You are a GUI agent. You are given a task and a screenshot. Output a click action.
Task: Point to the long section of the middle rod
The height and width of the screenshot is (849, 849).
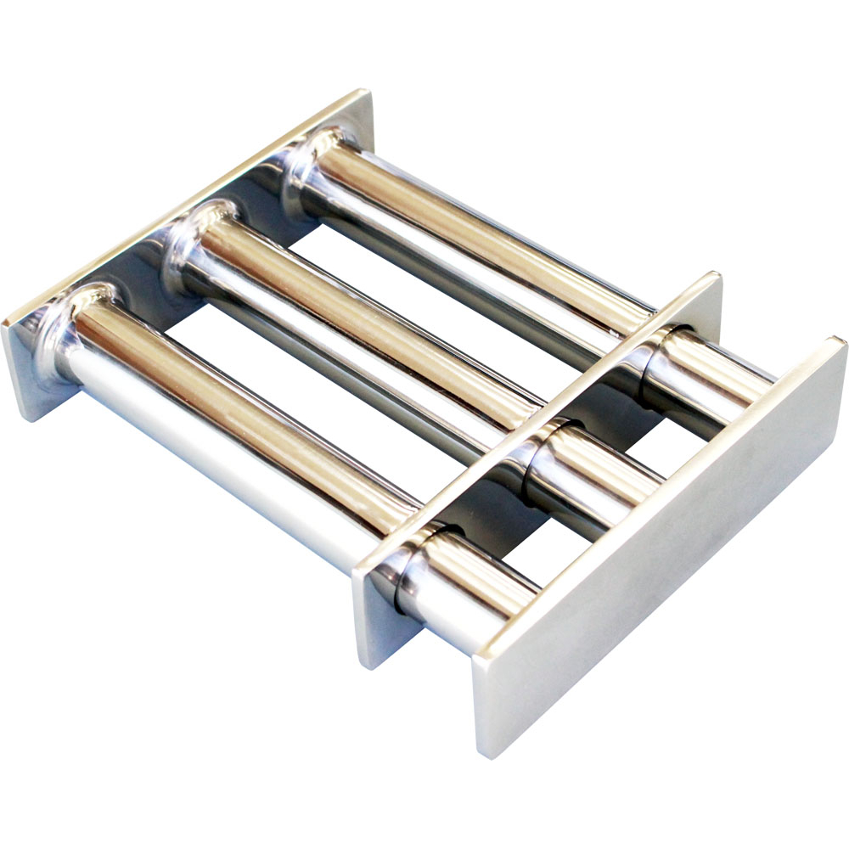pyautogui.click(x=357, y=340)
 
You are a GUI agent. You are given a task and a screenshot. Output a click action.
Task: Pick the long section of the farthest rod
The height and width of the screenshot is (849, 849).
pyautogui.click(x=475, y=255)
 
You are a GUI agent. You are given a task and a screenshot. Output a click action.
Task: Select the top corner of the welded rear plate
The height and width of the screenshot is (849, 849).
pyautogui.click(x=367, y=89)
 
